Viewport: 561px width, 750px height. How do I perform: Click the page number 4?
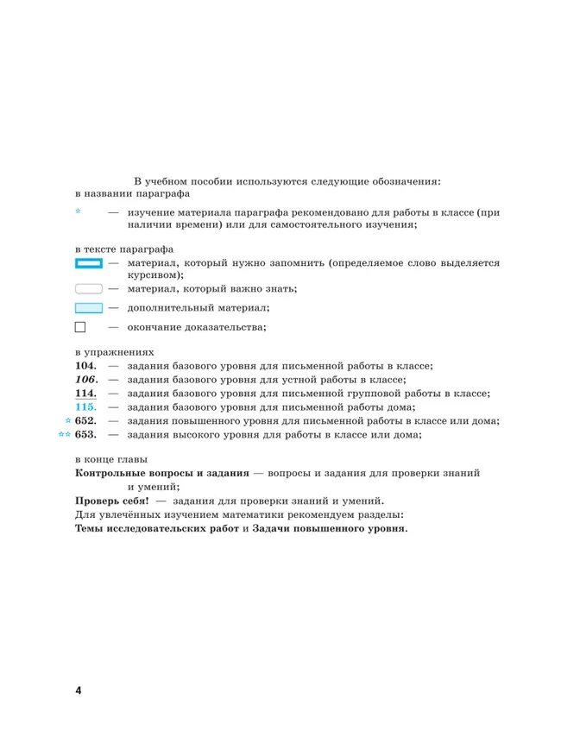(78, 690)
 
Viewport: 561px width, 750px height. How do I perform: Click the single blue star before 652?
(68, 420)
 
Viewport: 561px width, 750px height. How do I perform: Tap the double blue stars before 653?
(64, 434)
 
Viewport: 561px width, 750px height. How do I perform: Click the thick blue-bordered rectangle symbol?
(89, 262)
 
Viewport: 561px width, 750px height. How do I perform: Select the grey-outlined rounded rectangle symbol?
(89, 288)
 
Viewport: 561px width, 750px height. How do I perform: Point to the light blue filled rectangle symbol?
(89, 307)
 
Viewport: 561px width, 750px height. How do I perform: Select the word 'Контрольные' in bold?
(110, 474)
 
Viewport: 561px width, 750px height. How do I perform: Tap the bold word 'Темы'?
(91, 529)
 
